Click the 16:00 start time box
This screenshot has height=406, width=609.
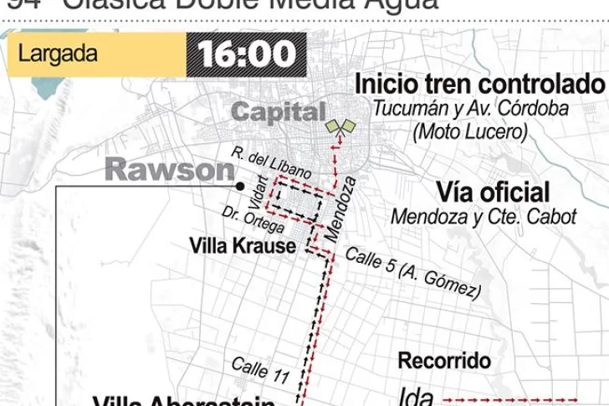248,55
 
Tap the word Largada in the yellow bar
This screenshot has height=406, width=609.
58,55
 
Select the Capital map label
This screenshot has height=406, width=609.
278,111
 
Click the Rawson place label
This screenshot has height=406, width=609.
170,170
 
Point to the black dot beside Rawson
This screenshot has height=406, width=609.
239,186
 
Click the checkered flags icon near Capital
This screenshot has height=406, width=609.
341,126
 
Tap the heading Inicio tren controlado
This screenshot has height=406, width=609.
479,85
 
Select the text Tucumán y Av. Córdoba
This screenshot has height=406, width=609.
483,109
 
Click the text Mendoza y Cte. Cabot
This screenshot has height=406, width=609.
484,216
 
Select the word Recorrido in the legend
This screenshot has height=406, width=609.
443,362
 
